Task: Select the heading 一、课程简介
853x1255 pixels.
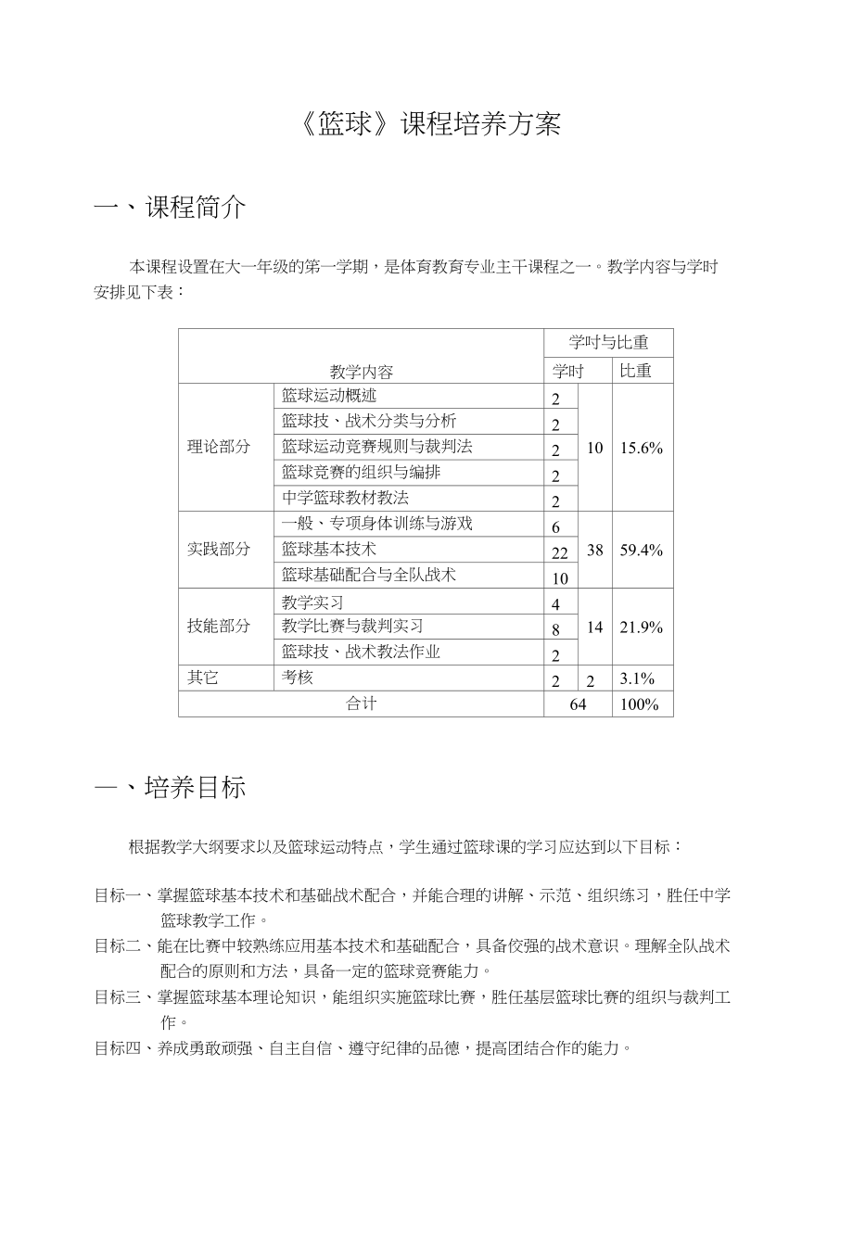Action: (171, 208)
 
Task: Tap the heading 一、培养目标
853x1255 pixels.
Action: (171, 788)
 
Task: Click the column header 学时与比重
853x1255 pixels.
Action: (608, 343)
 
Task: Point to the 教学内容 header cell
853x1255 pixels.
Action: (361, 372)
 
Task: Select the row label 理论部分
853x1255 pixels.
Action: (219, 447)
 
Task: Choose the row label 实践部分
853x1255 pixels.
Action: (219, 549)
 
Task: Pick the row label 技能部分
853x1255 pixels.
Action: (219, 626)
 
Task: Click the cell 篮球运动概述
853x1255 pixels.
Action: (329, 396)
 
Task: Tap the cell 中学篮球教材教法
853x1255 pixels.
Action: (345, 498)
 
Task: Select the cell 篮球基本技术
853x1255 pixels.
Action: (329, 550)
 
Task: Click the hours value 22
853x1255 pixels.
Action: (559, 553)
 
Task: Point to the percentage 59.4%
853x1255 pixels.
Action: (642, 550)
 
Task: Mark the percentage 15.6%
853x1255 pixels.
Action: (642, 448)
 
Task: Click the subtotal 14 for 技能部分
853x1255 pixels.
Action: (595, 627)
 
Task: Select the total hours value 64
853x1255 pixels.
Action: (578, 704)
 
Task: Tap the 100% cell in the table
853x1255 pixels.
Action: (640, 704)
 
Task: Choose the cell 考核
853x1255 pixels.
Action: (298, 678)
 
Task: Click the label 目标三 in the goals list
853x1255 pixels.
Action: (118, 997)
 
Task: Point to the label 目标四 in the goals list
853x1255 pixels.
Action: (118, 1048)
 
